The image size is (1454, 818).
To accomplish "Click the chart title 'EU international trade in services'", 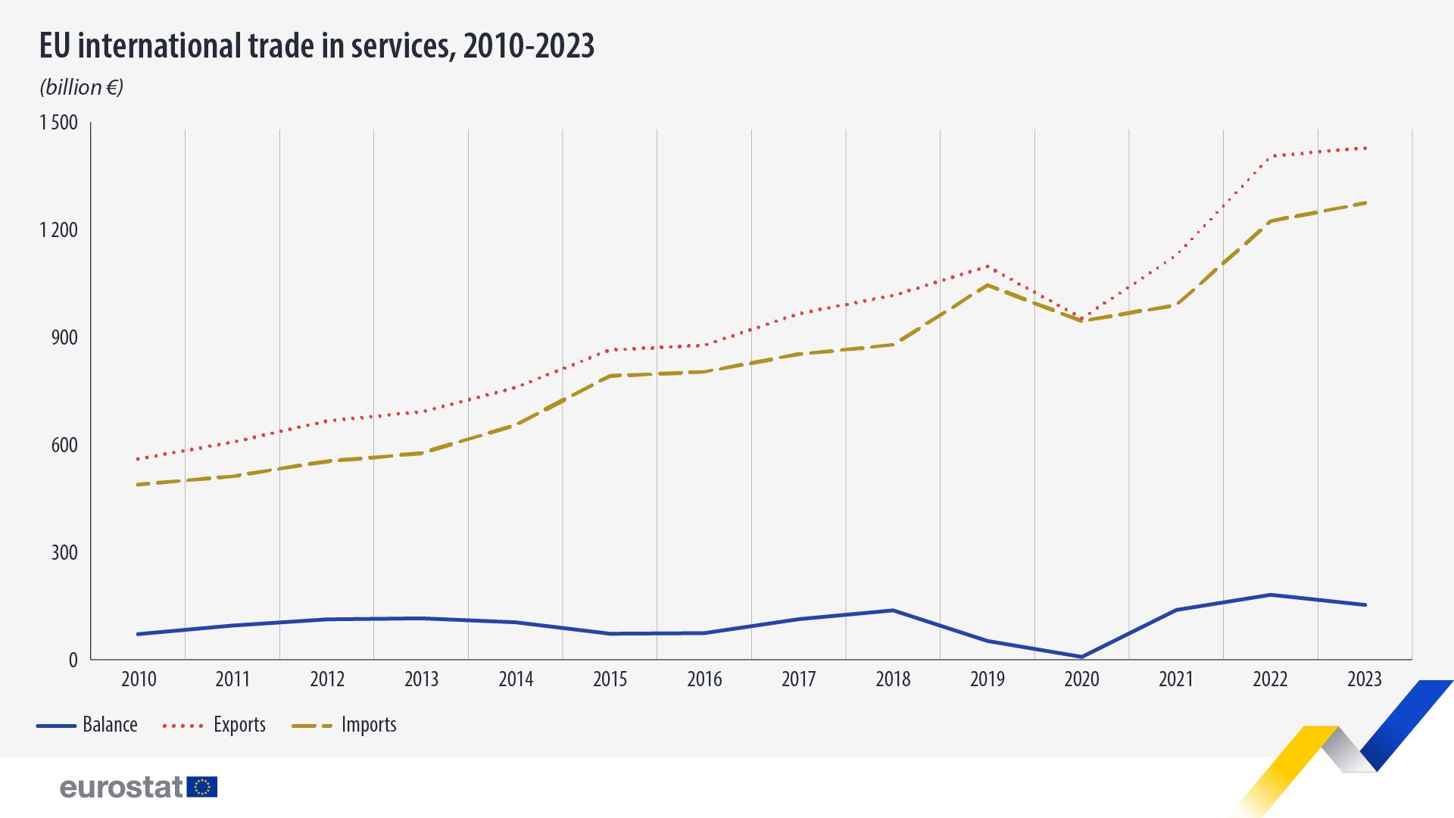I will point(317,46).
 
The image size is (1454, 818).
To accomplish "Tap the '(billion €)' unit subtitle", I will point(81,87).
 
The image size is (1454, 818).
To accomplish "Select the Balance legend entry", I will point(87,725).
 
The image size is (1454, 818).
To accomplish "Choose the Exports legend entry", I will point(214,725).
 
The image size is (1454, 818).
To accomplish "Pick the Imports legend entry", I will point(345,725).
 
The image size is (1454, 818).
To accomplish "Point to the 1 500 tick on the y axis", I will point(59,123).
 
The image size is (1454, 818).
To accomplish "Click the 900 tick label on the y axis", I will point(64,338).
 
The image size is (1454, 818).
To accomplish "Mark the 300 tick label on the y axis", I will point(64,553).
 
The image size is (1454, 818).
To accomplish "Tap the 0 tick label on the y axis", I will point(73,660).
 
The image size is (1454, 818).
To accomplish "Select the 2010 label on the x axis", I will point(139,679).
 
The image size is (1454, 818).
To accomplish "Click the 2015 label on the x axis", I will point(610,679).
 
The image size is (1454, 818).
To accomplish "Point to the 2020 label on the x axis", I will point(1081,679).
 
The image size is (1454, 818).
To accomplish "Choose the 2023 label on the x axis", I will point(1365,679).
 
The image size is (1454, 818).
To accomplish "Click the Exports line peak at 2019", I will point(988,266).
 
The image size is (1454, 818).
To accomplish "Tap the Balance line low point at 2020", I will point(1081,657).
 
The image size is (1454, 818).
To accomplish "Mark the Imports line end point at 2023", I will point(1365,203).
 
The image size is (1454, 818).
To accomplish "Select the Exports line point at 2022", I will point(1271,157).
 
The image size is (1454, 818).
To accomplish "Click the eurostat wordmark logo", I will point(121,788).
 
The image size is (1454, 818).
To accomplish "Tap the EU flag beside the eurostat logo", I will point(202,787).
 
